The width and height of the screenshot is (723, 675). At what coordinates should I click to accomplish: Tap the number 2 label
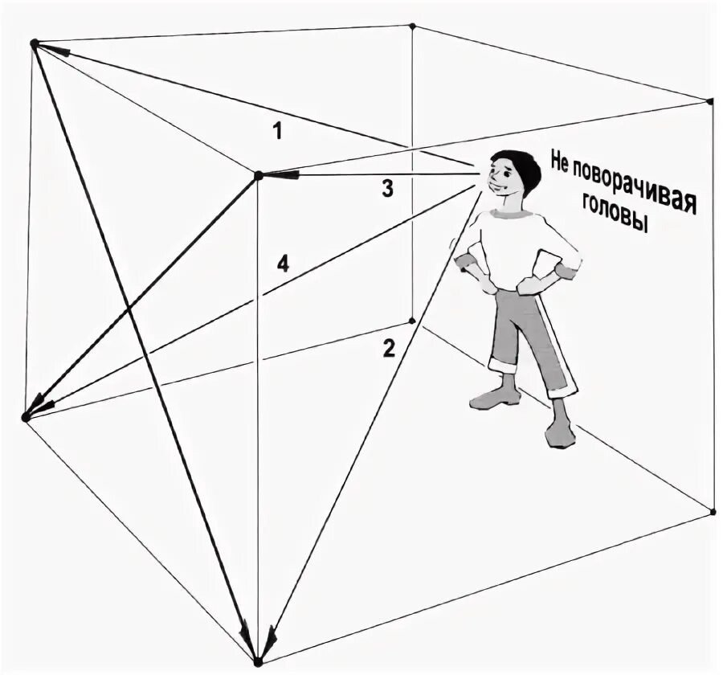[389, 349]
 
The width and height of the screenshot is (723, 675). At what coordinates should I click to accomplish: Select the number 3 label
[387, 190]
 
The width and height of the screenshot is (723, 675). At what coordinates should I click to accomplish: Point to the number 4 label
[282, 263]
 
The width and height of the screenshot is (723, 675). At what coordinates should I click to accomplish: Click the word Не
[560, 161]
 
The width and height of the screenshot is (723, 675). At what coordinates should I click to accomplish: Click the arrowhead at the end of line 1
[56, 50]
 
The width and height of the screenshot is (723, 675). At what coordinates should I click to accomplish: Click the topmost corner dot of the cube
[412, 26]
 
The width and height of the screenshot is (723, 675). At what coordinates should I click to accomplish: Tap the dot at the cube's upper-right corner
[710, 101]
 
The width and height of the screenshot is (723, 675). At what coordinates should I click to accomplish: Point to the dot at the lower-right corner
[713, 510]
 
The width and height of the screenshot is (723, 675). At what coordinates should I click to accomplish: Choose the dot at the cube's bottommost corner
[257, 661]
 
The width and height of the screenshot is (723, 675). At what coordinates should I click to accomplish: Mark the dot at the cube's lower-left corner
[25, 417]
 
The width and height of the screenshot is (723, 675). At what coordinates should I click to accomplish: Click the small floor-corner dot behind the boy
[412, 321]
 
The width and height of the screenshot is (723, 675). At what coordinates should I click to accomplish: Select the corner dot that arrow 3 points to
[258, 175]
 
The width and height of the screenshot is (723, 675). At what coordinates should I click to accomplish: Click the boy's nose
[485, 178]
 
